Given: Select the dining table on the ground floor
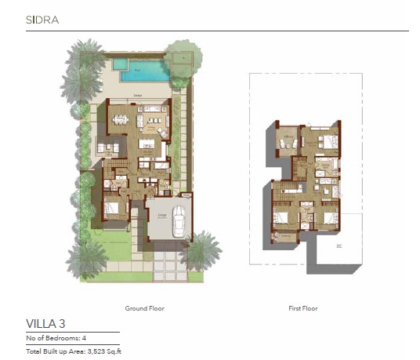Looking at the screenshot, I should (121, 120).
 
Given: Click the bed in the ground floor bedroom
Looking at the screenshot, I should (111, 209).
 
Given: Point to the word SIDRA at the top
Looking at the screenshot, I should (42, 17).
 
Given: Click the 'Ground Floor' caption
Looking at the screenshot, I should (145, 308).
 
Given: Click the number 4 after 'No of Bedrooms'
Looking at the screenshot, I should (85, 337).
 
